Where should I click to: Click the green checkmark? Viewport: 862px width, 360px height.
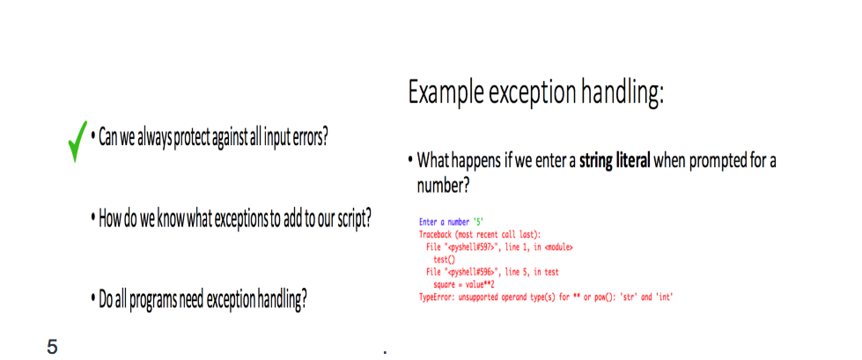point(76,141)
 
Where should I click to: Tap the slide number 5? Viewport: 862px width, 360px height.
point(52,348)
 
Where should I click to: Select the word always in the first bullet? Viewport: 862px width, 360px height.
point(151,137)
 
